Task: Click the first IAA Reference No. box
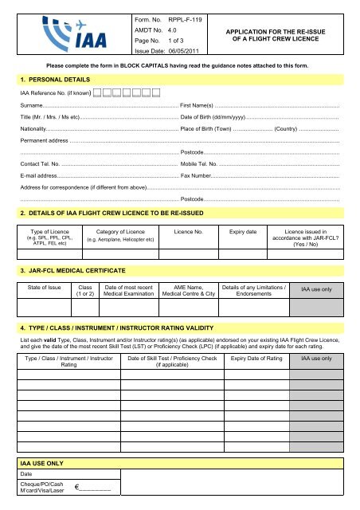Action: (x=96, y=94)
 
